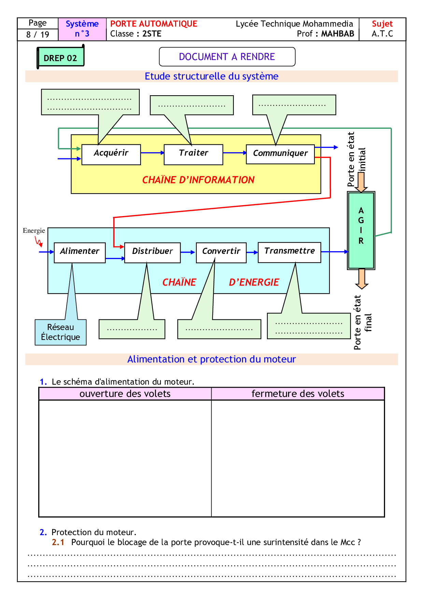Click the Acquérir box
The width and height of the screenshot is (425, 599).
click(x=111, y=154)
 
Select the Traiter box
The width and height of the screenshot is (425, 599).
click(x=193, y=154)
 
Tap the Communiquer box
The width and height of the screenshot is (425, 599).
click(x=280, y=154)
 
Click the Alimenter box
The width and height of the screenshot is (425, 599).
click(x=80, y=253)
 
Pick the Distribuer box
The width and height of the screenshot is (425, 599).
click(x=152, y=253)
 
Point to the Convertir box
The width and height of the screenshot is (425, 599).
click(x=221, y=253)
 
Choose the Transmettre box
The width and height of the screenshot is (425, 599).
click(x=289, y=252)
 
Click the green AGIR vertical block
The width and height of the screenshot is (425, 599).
click(x=361, y=230)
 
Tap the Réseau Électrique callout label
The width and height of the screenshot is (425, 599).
click(x=60, y=332)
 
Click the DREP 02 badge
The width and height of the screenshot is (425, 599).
click(x=60, y=58)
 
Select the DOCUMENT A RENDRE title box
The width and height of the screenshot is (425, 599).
click(x=227, y=57)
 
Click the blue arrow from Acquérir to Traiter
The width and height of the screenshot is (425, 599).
click(x=152, y=153)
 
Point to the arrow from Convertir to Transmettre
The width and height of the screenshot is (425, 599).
click(x=252, y=253)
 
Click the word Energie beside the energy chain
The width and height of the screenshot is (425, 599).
click(x=34, y=231)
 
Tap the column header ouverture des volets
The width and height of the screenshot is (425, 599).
click(x=125, y=394)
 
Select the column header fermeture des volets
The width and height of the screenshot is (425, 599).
click(x=298, y=394)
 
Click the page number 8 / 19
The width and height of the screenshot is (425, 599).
click(x=38, y=34)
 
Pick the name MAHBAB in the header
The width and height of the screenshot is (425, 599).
click(x=337, y=34)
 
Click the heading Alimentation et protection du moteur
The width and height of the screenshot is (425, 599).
click(x=211, y=359)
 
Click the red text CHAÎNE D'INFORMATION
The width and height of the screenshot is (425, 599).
click(x=198, y=180)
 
